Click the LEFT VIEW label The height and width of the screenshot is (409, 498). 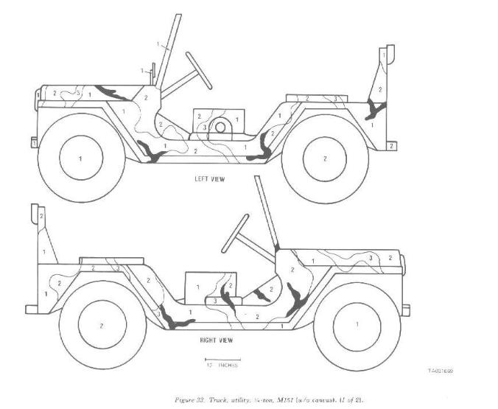coord(210,179)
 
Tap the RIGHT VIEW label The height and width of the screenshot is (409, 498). coord(217,341)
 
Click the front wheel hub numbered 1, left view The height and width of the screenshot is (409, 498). coord(80,158)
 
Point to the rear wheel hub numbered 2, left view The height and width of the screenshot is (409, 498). coord(324,158)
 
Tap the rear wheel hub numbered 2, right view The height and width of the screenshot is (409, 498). coord(102,324)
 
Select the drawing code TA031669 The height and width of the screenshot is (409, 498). coord(439,371)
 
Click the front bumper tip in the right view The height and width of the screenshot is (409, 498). coord(404,310)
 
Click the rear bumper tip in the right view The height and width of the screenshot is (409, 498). coord(31,309)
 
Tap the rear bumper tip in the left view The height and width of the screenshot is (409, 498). coord(392,146)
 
